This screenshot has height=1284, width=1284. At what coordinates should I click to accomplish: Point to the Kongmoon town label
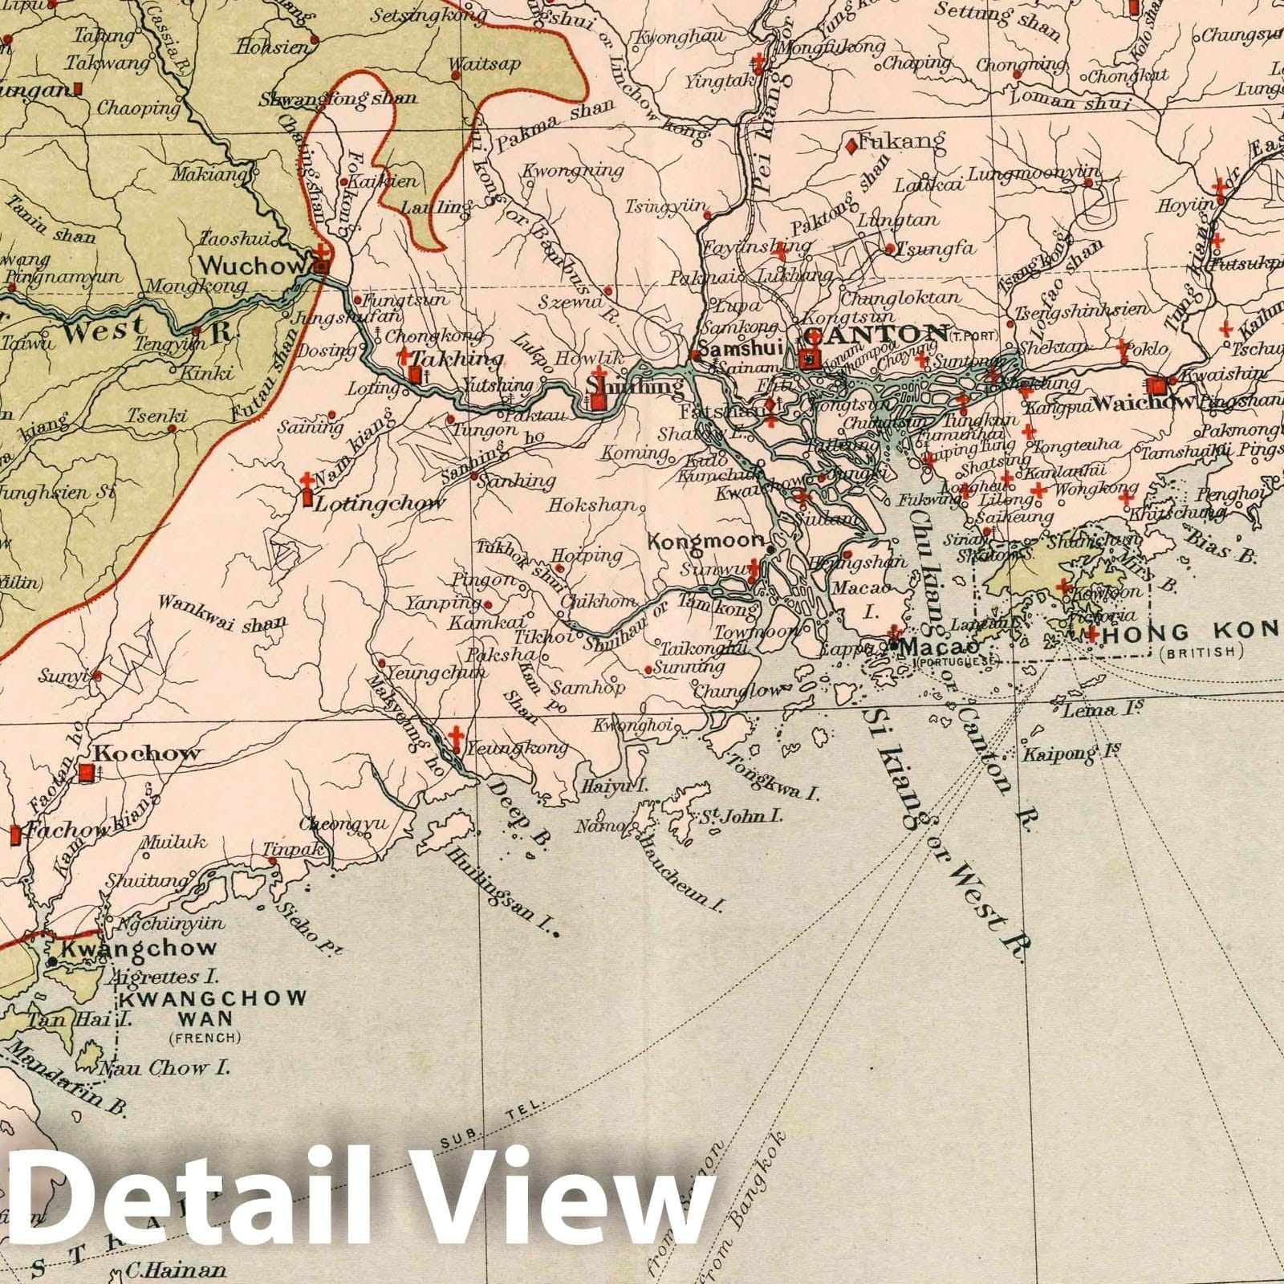(x=706, y=542)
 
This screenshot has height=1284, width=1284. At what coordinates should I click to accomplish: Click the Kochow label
(x=148, y=754)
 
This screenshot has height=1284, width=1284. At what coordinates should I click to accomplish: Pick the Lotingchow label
(x=379, y=504)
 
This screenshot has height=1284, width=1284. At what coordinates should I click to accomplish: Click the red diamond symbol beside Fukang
(x=850, y=146)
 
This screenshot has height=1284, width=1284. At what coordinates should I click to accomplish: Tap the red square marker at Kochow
(x=87, y=773)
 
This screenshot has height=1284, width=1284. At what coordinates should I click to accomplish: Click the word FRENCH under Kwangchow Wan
(x=204, y=1038)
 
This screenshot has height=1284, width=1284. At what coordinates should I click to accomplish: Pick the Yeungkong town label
(x=520, y=748)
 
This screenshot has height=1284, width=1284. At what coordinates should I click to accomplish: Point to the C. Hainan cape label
(x=174, y=1270)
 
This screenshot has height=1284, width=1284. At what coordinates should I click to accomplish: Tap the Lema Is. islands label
(x=1091, y=710)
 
